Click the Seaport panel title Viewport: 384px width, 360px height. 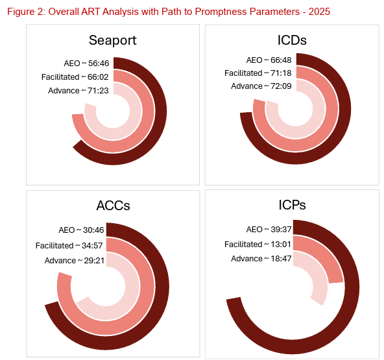coord(113,40)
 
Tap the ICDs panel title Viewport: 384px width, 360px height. coord(292,40)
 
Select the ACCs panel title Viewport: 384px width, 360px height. coord(113,206)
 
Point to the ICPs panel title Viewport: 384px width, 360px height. coord(292,205)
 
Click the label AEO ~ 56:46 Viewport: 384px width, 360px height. coord(86,64)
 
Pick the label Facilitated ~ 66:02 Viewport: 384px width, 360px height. coord(75,77)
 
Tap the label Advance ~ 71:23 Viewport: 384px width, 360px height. coord(78,91)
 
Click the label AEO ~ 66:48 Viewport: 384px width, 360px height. coord(269,60)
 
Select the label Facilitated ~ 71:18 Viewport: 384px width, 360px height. coord(258,73)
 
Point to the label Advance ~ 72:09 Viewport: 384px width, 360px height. coord(261,86)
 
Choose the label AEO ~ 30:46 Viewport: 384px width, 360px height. coord(81,230)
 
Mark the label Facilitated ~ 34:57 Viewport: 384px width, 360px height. coord(69,246)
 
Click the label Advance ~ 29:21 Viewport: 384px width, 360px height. coord(75,261)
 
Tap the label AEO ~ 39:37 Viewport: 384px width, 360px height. coord(269,230)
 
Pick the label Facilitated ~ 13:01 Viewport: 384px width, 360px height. coord(258,245)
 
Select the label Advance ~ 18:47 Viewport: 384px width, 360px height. coord(261,259)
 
